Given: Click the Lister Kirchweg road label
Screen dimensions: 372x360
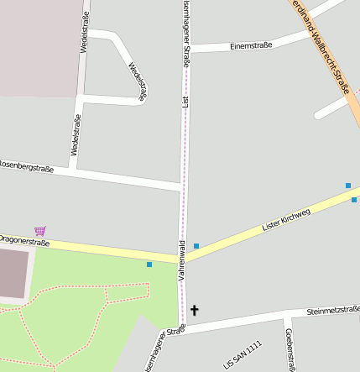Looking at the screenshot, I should coord(286,219).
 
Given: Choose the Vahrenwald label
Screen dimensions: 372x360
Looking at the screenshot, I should coord(181,260).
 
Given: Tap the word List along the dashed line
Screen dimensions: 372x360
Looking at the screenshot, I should coord(185,102).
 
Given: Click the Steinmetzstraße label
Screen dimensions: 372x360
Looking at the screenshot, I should coord(333,311).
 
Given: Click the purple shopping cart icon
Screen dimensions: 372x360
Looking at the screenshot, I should coord(39,231).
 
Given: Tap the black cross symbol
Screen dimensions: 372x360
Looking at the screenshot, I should coord(195,311).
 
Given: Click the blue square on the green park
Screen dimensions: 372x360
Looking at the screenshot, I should coord(149,265).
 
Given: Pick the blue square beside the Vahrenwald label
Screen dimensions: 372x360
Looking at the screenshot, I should coord(196,246).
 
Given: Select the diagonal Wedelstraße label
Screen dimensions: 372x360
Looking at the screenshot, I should coord(138,81).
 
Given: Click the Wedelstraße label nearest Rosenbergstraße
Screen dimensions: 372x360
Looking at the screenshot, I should coord(76,135).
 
